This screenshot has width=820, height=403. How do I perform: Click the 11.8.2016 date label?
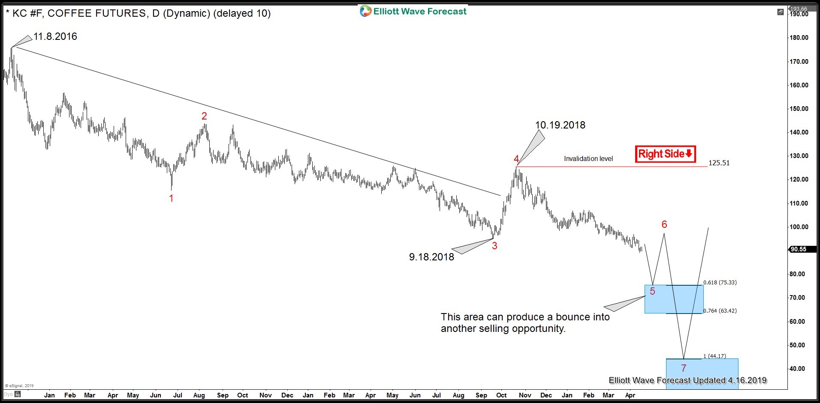pos(55,37)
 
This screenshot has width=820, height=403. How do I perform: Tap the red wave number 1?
pos(171,198)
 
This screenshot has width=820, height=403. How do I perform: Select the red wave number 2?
pos(204,116)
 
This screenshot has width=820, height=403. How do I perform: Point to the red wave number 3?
pos(494,246)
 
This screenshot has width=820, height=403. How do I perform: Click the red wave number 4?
pos(516,159)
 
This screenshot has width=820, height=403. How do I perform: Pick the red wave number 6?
pos(664,224)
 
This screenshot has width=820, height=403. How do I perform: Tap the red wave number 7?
pos(684,368)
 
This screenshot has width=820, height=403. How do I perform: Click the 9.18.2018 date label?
pos(431,257)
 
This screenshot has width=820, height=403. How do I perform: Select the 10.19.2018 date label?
pos(560,125)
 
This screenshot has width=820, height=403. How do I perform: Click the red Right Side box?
pos(665,154)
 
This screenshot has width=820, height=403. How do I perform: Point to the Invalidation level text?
pos(588,159)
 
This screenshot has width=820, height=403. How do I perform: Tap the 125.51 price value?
pos(719,163)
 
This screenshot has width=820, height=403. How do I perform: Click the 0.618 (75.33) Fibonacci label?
pos(720,282)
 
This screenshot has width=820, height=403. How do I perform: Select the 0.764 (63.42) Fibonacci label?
pos(720,311)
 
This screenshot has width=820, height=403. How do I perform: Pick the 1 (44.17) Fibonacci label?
pos(714,356)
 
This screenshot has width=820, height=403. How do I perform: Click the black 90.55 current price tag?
pos(799,249)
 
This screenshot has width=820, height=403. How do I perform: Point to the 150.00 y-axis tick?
pos(799,109)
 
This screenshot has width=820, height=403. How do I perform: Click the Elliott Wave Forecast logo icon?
pos(365,11)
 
